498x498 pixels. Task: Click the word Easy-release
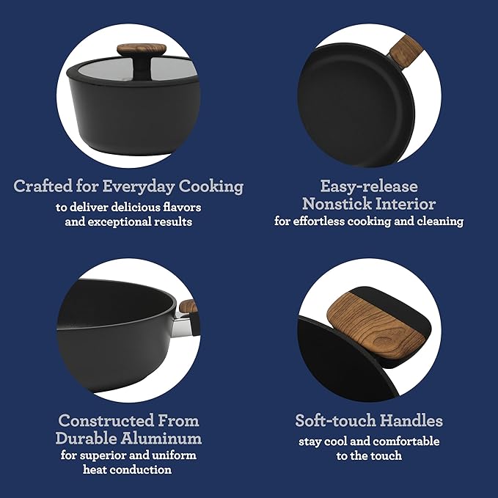[369, 186]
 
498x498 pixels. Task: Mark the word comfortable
[406, 442]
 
